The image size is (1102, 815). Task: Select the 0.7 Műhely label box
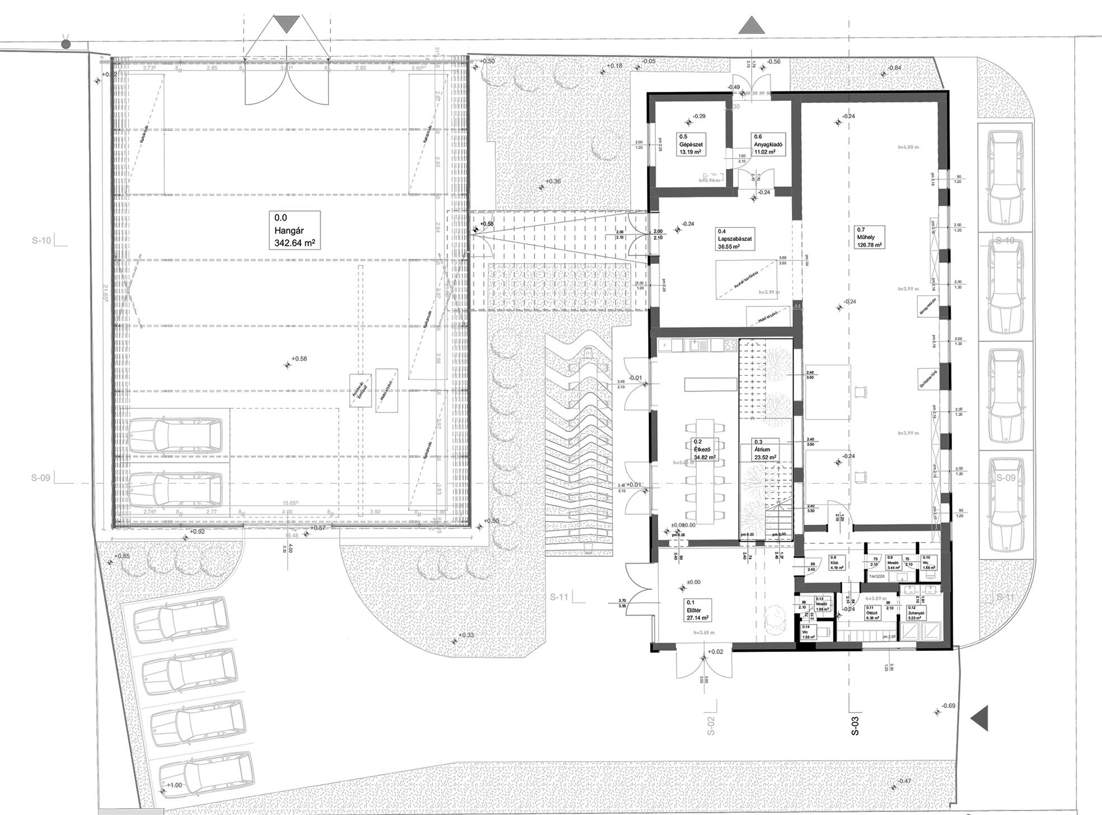870,237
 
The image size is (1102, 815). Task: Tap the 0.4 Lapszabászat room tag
735,239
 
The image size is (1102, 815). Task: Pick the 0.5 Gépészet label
691,145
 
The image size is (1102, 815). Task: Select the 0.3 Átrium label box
765,450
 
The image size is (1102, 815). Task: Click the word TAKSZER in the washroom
876,576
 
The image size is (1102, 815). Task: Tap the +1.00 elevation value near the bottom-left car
175,785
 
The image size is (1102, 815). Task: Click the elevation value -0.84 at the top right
895,68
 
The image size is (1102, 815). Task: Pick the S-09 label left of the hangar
41,478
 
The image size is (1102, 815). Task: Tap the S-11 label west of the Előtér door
559,597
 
